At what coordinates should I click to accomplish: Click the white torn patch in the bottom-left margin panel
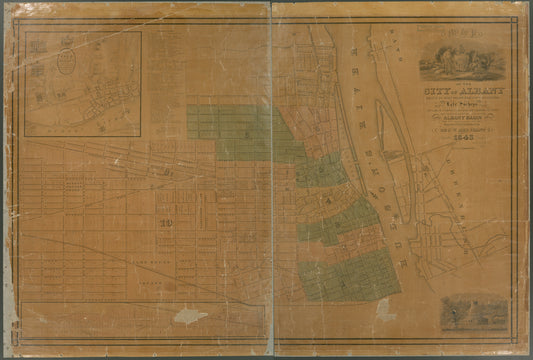(188, 316)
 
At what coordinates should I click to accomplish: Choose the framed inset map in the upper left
(83, 83)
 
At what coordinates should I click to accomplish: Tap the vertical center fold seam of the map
(270, 180)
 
